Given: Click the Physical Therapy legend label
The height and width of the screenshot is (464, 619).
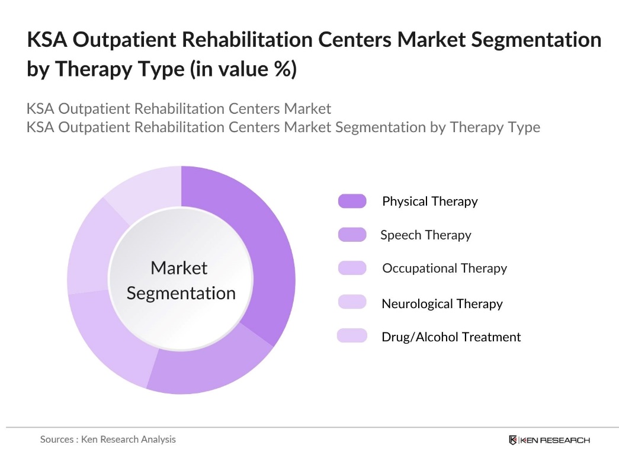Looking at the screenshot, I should (x=429, y=201).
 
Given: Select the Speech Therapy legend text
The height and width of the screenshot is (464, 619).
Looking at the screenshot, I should (x=425, y=235).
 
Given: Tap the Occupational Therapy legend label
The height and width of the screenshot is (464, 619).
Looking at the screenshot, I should (x=444, y=268).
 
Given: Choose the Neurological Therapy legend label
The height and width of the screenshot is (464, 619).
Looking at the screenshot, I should (x=442, y=304).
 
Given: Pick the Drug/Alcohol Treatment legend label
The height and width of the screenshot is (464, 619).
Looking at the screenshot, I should (x=451, y=337).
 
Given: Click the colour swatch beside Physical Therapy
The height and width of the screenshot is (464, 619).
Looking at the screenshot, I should (x=352, y=201).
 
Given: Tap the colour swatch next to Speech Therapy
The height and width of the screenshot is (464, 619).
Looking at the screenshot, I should (x=352, y=235).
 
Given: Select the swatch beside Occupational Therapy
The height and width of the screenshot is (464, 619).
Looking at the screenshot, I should (x=352, y=268).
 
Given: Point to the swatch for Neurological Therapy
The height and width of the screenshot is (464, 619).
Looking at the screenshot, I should (x=352, y=302).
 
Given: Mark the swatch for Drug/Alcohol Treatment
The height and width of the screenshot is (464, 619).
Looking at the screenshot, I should (x=352, y=336).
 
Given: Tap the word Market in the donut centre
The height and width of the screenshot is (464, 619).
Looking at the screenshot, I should (x=179, y=268).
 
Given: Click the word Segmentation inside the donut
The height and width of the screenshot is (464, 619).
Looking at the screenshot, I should (x=181, y=293).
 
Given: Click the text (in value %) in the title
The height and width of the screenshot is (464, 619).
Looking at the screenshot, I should (x=243, y=69).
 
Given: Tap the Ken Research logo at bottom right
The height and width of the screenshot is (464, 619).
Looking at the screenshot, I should (x=549, y=440).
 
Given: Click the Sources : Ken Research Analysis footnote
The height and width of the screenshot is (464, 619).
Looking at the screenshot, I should (x=108, y=439).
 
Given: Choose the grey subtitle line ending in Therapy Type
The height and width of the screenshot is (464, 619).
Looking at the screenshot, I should (x=283, y=127).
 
